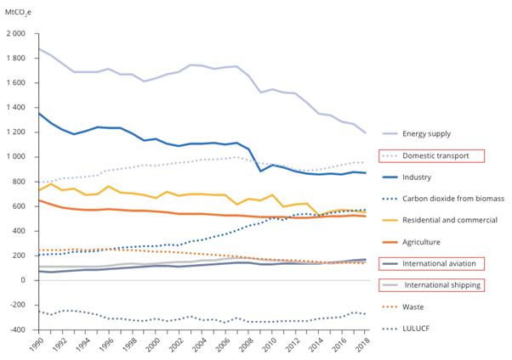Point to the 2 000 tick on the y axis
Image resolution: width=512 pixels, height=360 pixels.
17,34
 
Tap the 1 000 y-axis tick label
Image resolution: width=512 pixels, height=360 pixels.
17,157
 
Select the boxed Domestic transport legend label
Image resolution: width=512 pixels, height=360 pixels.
437,155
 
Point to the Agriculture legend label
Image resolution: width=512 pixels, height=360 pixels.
425,242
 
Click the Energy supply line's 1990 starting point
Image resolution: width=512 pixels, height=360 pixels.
38,48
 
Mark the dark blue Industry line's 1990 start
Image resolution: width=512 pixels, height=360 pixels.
38,113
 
